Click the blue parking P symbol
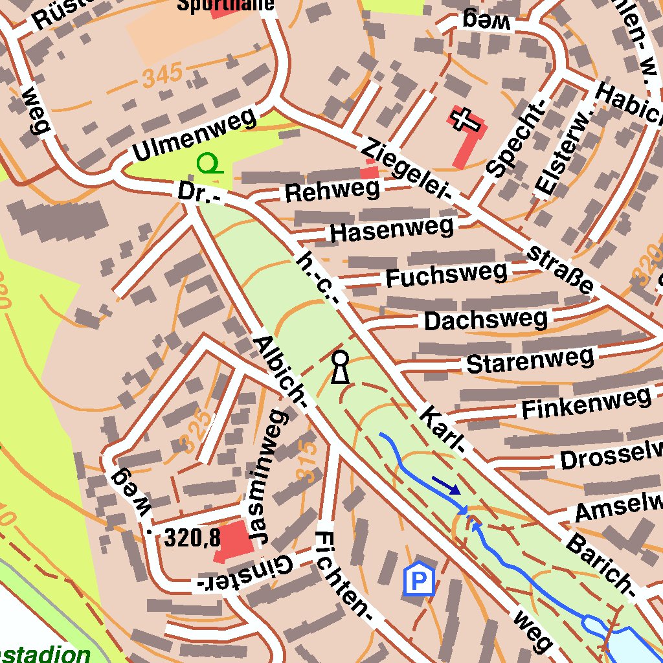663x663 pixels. coord(420,579)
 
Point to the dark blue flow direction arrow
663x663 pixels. coord(446,485)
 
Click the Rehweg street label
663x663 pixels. coord(331,191)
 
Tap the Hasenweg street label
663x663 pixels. coord(391,230)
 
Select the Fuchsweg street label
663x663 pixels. coord(446,275)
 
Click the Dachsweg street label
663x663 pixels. coord(486,319)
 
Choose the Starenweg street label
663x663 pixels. coord(530,361)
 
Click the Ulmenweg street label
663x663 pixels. coord(195,135)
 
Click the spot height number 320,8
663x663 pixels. coord(192,537)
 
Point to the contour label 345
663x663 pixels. coord(163,77)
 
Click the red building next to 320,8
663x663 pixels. coord(232,540)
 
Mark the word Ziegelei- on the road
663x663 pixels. coord(406,170)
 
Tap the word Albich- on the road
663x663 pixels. coord(280,372)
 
